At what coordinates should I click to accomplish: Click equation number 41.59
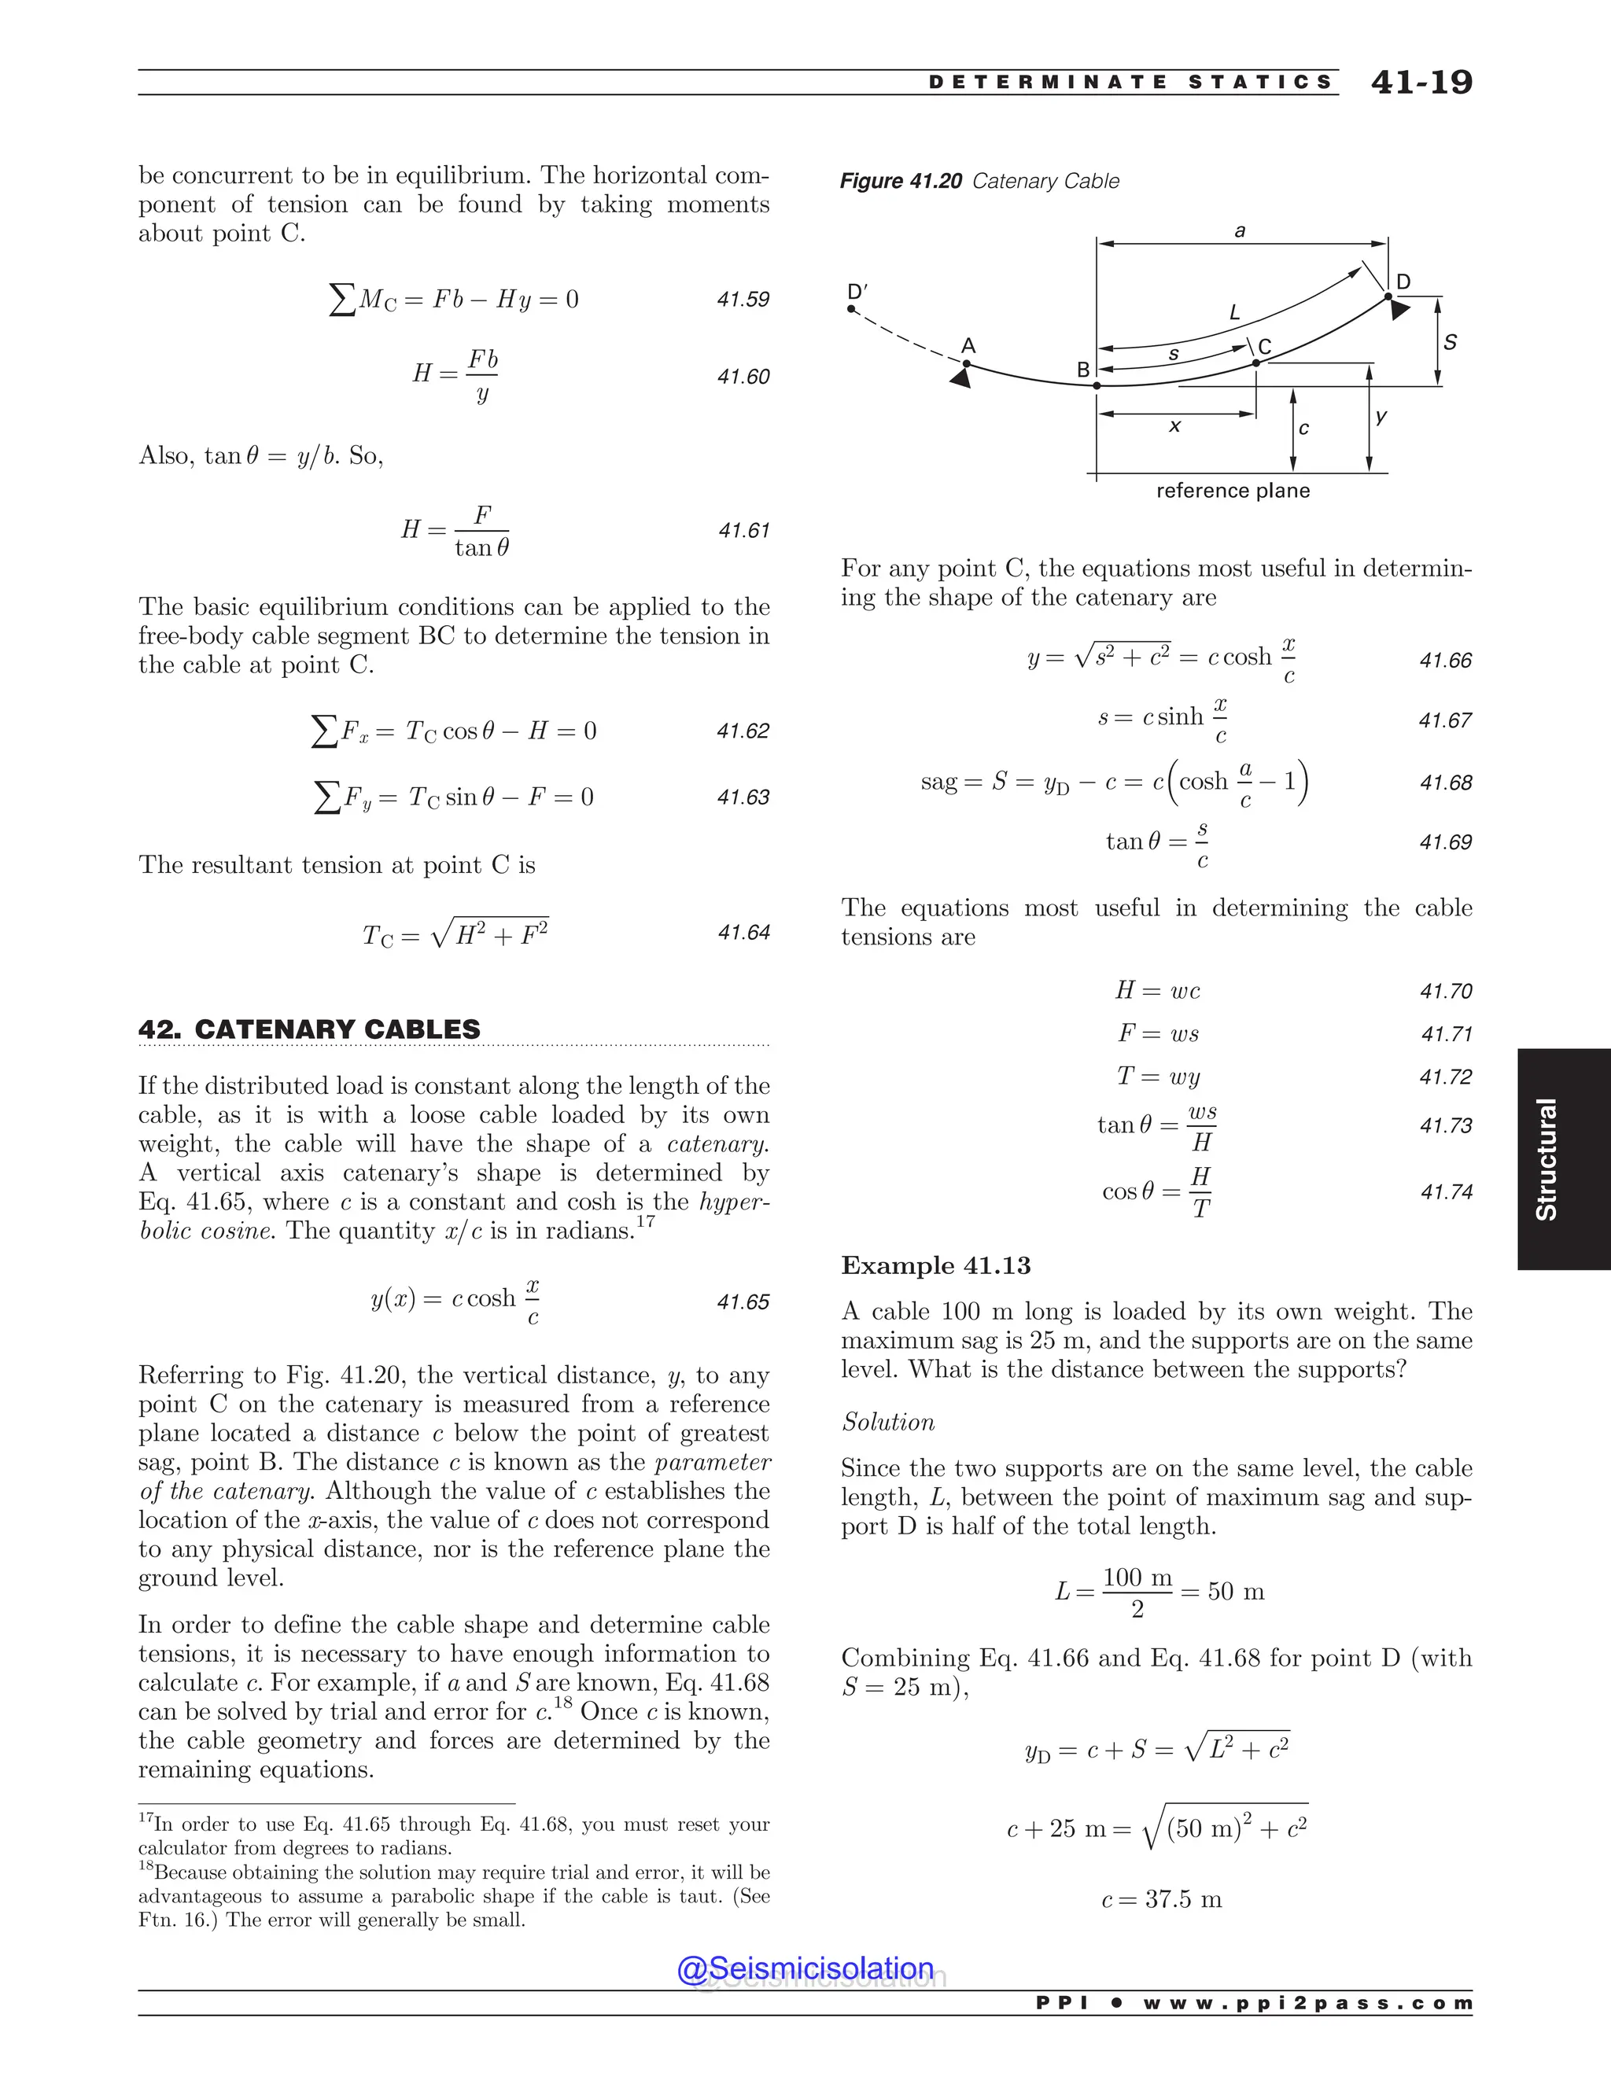coord(743,300)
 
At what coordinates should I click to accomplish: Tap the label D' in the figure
coord(857,291)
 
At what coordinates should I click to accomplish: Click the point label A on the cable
coord(968,345)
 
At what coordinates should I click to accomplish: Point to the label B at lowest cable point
coord(1083,370)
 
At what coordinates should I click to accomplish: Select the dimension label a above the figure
coord(1240,231)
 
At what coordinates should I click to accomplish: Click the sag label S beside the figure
coord(1450,341)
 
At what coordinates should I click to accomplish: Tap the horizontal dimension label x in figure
coord(1175,426)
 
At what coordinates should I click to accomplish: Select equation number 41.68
coord(1445,782)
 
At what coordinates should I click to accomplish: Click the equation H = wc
coord(1158,990)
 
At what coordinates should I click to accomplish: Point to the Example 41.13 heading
coord(935,1265)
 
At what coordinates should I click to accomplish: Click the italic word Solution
coord(887,1422)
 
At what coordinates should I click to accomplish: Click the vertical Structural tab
coord(1546,1158)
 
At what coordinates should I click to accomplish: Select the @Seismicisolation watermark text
coord(805,1968)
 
